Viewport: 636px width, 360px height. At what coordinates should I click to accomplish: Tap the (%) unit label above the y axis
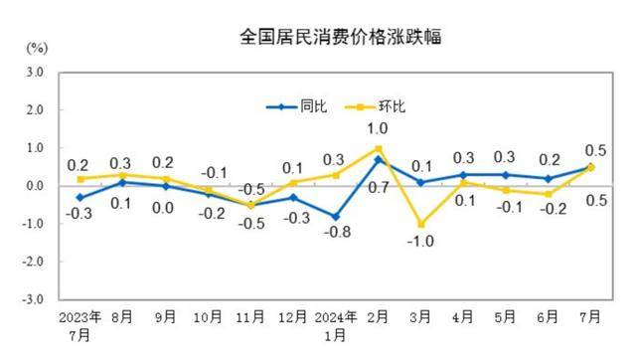point(38,48)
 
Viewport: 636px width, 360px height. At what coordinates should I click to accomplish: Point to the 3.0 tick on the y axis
point(35,73)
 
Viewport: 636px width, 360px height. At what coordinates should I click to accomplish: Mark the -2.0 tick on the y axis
point(33,262)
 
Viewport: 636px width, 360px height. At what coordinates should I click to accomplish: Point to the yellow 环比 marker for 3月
point(420,224)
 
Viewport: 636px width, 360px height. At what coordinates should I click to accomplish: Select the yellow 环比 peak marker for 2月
point(378,148)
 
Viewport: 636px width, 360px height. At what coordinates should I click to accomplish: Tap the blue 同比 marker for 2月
point(378,159)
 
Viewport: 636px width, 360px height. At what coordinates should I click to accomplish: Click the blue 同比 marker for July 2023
point(80,197)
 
